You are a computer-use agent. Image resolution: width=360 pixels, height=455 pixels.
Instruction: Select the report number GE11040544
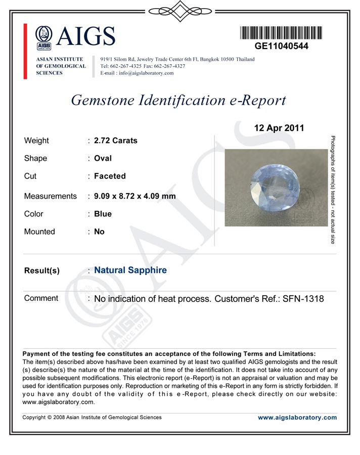pyautogui.click(x=281, y=46)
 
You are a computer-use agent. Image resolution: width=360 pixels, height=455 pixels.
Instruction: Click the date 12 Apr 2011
pyautogui.click(x=279, y=128)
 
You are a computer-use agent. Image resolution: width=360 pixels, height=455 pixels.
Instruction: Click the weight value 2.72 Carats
pyautogui.click(x=116, y=141)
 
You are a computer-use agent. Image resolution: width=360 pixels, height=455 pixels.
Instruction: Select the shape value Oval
pyautogui.click(x=103, y=158)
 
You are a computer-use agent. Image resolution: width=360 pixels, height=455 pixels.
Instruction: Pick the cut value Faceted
pyautogui.click(x=110, y=176)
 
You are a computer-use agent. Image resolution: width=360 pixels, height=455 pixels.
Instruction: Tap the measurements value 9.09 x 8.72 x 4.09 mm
pyautogui.click(x=135, y=196)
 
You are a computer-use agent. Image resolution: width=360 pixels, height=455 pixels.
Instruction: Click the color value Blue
pyautogui.click(x=103, y=214)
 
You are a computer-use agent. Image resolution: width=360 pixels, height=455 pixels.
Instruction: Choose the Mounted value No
pyautogui.click(x=99, y=232)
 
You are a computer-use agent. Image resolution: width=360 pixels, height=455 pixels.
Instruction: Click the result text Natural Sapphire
pyautogui.click(x=130, y=270)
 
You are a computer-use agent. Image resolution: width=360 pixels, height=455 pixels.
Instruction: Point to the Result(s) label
pyautogui.click(x=42, y=271)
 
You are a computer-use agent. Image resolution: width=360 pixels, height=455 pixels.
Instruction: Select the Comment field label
pyautogui.click(x=41, y=298)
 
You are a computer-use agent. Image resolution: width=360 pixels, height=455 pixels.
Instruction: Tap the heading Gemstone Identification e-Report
pyautogui.click(x=178, y=100)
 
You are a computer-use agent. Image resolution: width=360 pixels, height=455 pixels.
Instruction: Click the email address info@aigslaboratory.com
pyautogui.click(x=144, y=73)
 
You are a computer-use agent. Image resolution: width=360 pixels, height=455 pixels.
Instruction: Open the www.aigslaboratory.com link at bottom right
pyautogui.click(x=297, y=418)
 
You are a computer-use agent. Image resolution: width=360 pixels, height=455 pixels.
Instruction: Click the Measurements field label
pyautogui.click(x=51, y=196)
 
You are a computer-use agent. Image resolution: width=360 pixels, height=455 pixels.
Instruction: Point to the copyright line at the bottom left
pyautogui.click(x=93, y=418)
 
